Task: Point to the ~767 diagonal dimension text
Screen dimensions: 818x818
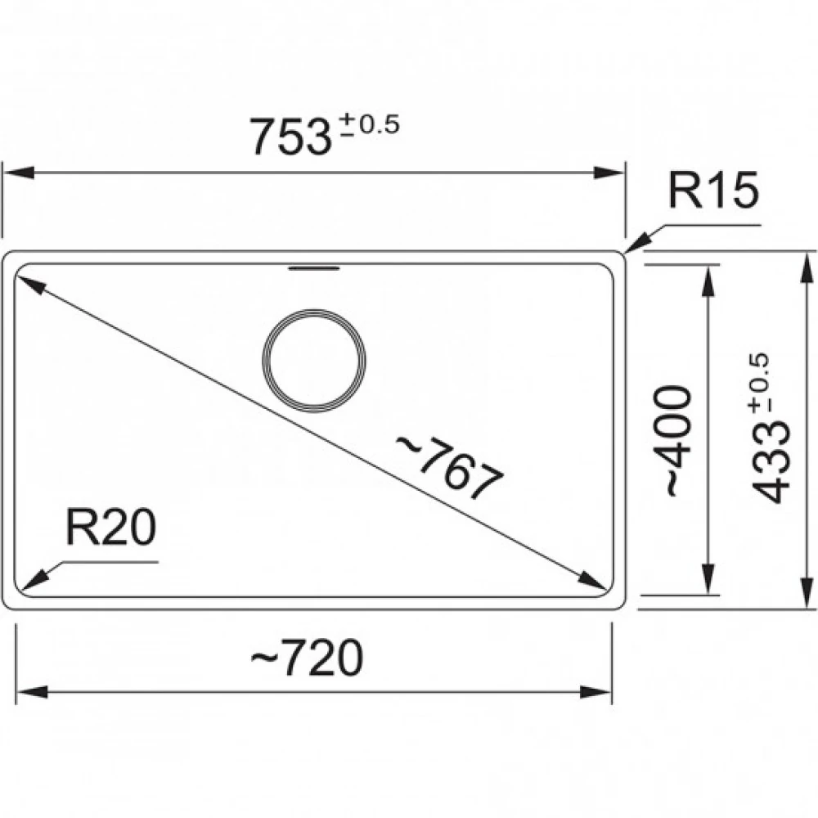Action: [x=449, y=467]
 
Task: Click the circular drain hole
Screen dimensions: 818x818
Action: [x=313, y=361]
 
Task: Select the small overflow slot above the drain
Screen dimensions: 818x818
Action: [x=313, y=267]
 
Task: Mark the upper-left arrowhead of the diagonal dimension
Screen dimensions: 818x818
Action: [x=28, y=283]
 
